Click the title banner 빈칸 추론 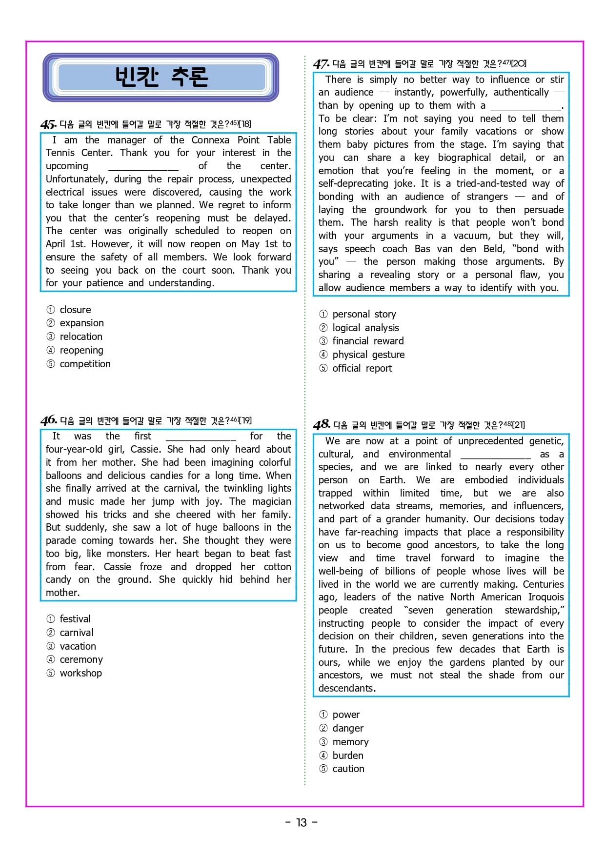pos(161,77)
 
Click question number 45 pos(48,124)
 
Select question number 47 pos(321,64)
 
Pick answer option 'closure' pos(75,310)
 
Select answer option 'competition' pos(85,364)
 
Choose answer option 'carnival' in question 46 pos(76,633)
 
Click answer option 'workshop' pos(81,673)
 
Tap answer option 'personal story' pos(364,314)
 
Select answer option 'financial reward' pos(368,341)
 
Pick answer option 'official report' pos(362,368)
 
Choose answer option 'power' pos(346,715)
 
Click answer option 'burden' pos(348,756)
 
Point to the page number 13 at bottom pos(302,822)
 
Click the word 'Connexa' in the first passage pos(210,140)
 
